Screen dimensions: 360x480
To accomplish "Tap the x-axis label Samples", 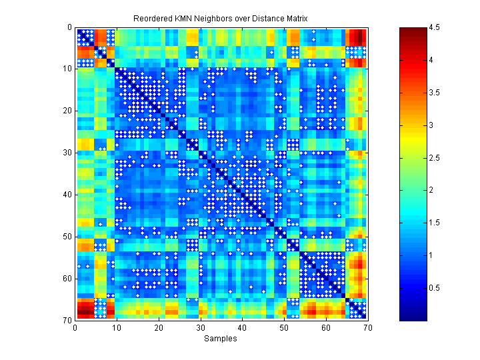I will point(221,339).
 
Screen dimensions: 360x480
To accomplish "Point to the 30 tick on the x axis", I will point(200,327).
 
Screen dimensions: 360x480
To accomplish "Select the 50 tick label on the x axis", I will point(283,327).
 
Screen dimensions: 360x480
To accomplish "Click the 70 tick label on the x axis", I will point(367,327).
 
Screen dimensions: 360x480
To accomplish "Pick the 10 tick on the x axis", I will point(117,327).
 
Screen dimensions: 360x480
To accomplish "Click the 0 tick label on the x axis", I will point(75,327).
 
